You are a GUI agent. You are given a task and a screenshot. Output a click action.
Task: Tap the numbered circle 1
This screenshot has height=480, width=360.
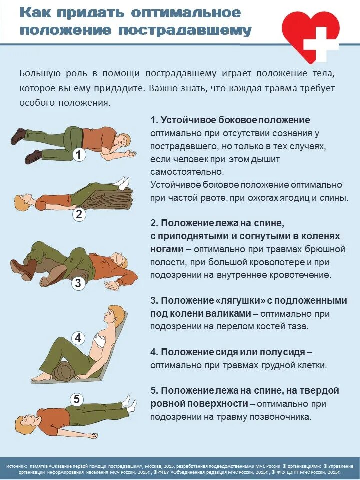(79, 155)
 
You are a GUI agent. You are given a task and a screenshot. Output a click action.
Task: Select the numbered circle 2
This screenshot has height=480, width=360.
(79, 215)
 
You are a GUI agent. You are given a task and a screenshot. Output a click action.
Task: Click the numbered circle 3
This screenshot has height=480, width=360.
(78, 284)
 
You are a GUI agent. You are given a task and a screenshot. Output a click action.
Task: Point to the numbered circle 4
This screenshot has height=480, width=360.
(78, 338)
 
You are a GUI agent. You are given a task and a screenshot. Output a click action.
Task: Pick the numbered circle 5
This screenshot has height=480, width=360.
(77, 399)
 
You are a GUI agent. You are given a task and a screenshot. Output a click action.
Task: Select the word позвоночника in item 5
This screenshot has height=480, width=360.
(269, 416)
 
